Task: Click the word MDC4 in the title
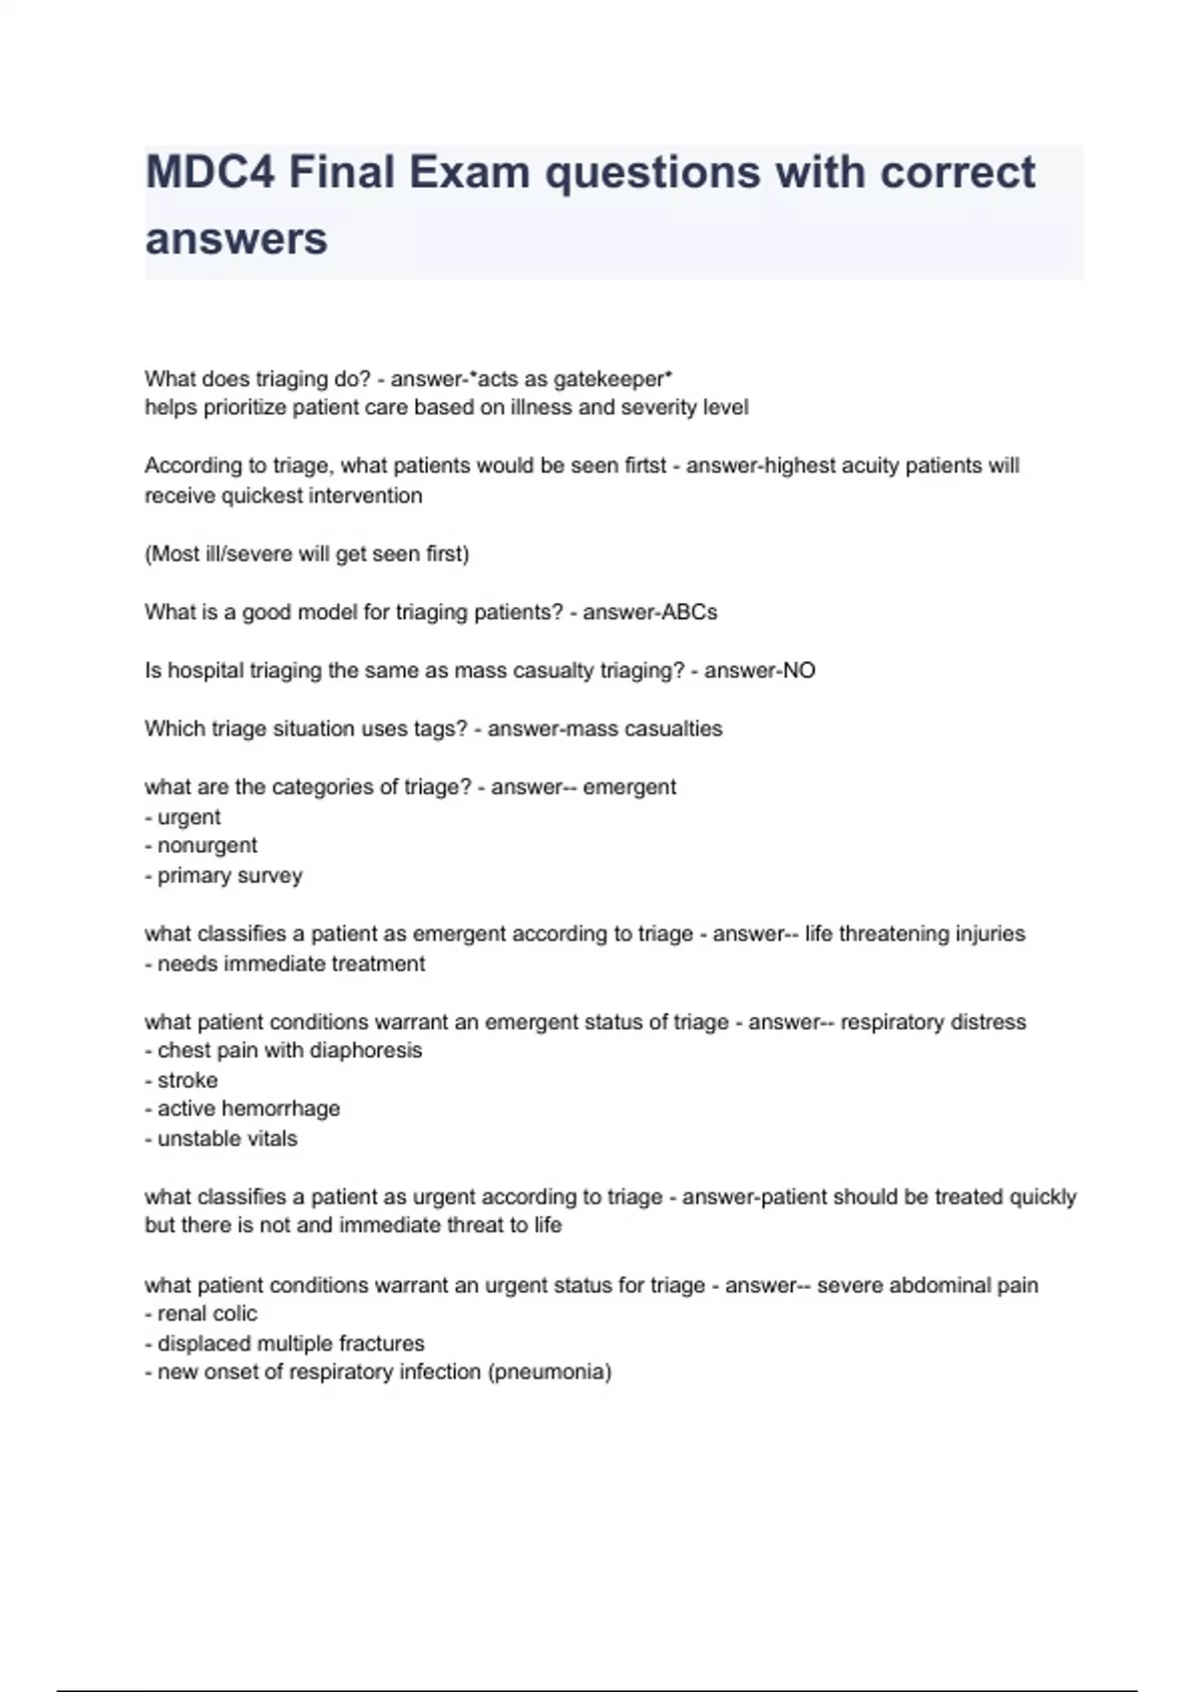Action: point(209,173)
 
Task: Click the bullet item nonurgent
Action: point(207,846)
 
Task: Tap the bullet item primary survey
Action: point(229,876)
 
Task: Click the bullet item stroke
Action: point(187,1081)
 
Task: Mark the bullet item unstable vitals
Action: point(227,1139)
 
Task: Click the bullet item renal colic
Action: point(207,1314)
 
